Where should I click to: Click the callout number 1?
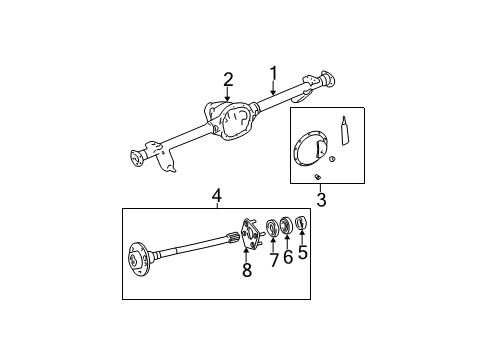coord(272,73)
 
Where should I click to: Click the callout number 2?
coord(228,80)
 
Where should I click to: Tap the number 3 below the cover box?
coord(322,199)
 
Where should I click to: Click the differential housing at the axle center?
coord(232,121)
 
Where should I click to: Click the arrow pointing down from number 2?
coord(229,97)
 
